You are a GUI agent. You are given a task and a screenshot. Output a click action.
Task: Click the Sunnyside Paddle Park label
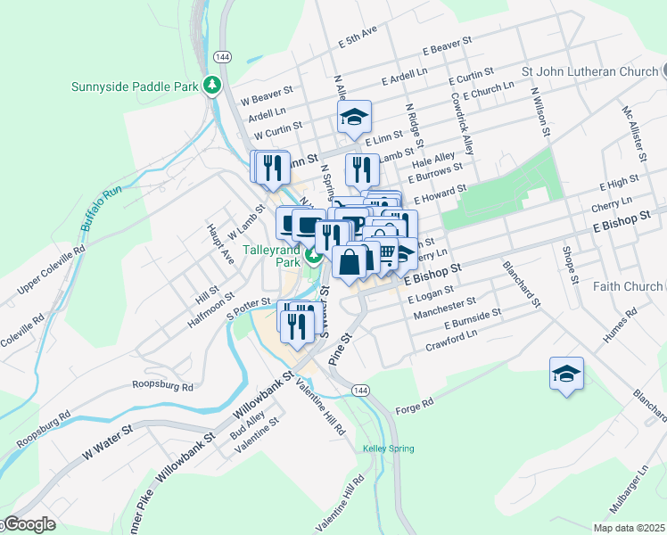click(134, 87)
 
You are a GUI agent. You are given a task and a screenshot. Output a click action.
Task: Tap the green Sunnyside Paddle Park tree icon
click(212, 86)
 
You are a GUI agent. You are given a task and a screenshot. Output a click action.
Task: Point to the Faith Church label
click(628, 286)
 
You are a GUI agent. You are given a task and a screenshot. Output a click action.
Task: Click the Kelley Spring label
click(388, 448)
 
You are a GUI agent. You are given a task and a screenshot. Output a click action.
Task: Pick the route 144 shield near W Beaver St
click(223, 56)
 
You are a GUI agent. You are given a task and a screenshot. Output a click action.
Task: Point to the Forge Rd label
click(416, 404)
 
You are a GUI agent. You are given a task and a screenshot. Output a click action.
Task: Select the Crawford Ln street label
click(451, 340)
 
